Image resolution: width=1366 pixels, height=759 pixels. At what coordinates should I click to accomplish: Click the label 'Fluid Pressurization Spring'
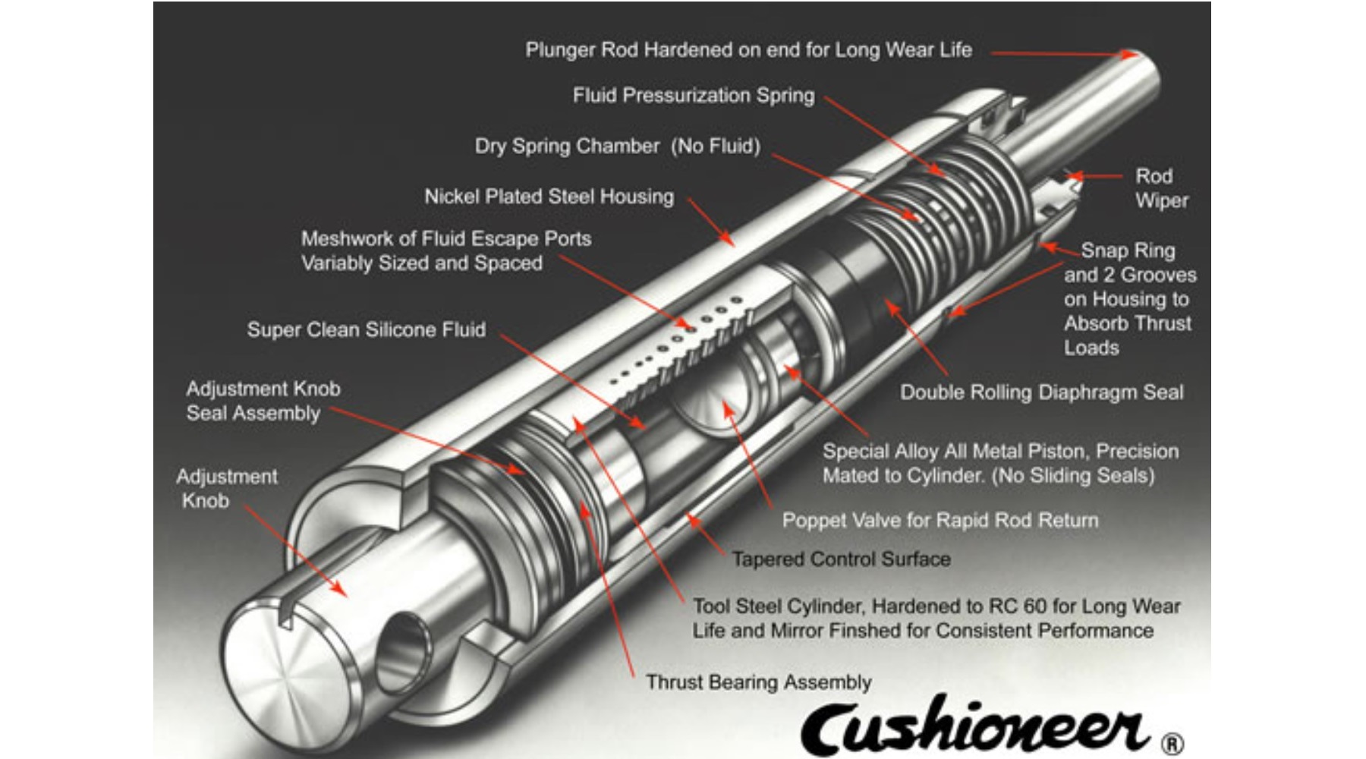click(x=694, y=96)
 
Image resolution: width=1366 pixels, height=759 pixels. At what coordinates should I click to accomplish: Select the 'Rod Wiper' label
click(x=1160, y=188)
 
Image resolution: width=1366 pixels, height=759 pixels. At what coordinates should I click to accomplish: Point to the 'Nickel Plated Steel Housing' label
click(x=549, y=197)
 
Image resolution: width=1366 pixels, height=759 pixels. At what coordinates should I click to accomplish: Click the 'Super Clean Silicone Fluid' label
click(x=366, y=329)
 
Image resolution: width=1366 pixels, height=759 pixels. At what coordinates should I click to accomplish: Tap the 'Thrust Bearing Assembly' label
click(x=758, y=682)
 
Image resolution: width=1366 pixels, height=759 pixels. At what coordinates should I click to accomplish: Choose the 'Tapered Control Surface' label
click(x=841, y=559)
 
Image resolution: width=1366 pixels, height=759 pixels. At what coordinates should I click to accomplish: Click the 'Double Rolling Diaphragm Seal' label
click(x=1041, y=392)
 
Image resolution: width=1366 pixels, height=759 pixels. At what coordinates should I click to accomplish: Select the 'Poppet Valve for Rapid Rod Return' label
click(x=940, y=521)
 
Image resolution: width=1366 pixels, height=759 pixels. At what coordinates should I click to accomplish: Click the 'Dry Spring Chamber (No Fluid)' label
click(x=617, y=146)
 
